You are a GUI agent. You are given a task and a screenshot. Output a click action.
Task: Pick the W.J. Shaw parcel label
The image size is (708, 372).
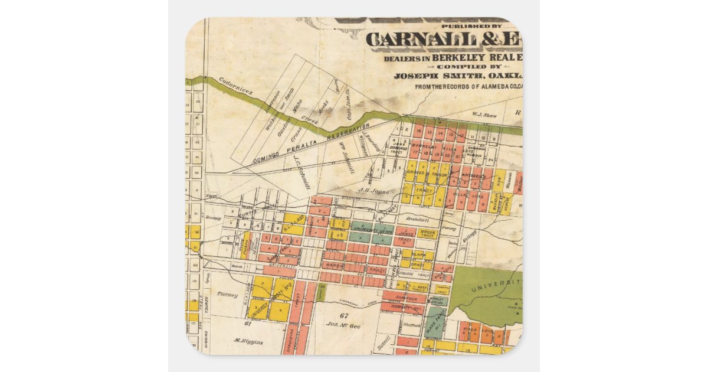[x=483, y=115]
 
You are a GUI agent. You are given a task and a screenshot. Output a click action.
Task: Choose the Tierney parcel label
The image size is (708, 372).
[x=227, y=294]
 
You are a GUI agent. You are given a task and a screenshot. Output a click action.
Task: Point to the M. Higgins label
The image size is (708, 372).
[x=248, y=341]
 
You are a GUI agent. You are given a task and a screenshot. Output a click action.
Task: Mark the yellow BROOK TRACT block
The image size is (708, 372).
[x=427, y=233]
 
